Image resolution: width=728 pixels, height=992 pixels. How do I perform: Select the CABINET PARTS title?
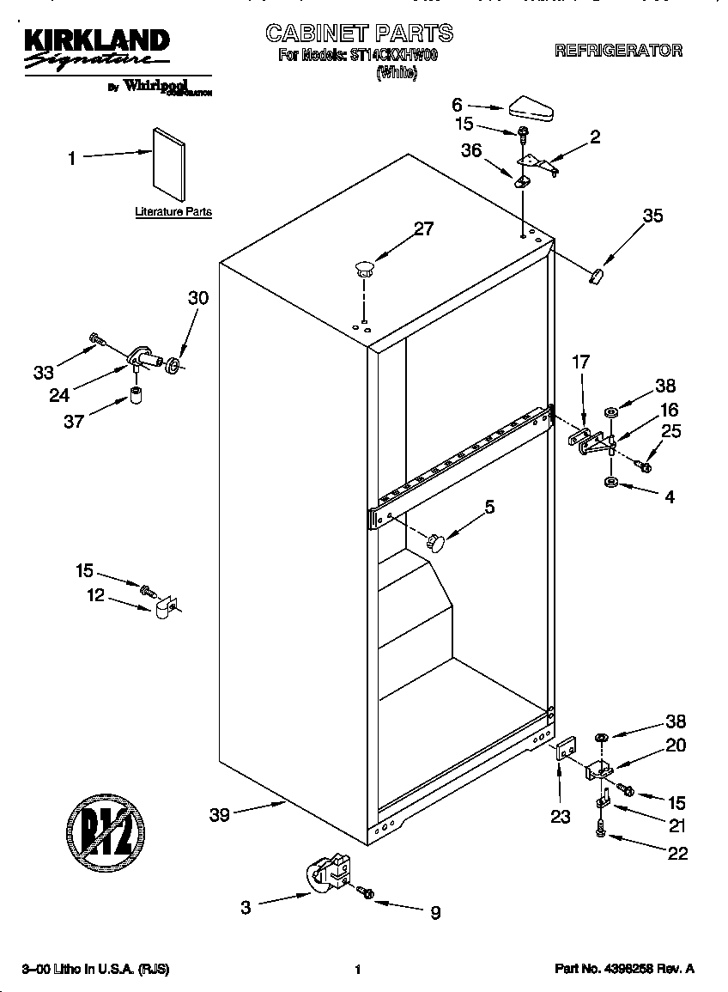pos(359,33)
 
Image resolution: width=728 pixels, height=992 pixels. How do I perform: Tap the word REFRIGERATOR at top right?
pos(618,51)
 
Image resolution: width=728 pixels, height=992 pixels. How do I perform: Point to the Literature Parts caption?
pos(173,211)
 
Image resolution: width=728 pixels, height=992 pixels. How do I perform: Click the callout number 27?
pos(424,229)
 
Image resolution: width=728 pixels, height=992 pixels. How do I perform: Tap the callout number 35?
pos(652,216)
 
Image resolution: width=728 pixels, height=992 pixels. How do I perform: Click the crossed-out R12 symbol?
pos(106,831)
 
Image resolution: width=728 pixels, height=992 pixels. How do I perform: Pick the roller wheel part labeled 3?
pos(327,873)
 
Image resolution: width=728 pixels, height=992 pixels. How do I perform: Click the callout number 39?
pos(220,814)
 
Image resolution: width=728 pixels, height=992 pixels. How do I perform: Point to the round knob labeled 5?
pos(436,542)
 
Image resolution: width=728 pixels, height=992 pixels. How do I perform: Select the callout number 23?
pos(560,816)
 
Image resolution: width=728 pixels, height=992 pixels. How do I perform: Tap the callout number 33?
pos(44,372)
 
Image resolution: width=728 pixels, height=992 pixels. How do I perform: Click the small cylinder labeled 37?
pos(135,395)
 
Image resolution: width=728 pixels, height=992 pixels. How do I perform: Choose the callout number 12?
pos(96,594)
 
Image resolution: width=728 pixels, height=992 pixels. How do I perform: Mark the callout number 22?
pos(677,853)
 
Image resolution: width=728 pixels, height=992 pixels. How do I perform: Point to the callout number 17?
pos(581,362)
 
